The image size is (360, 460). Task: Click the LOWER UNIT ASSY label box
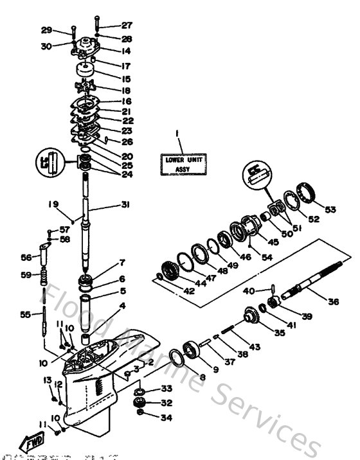183,164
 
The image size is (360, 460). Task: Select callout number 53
330,209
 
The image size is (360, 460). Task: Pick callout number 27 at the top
126,26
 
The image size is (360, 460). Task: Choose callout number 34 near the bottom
148,418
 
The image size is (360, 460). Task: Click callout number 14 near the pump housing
126,51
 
